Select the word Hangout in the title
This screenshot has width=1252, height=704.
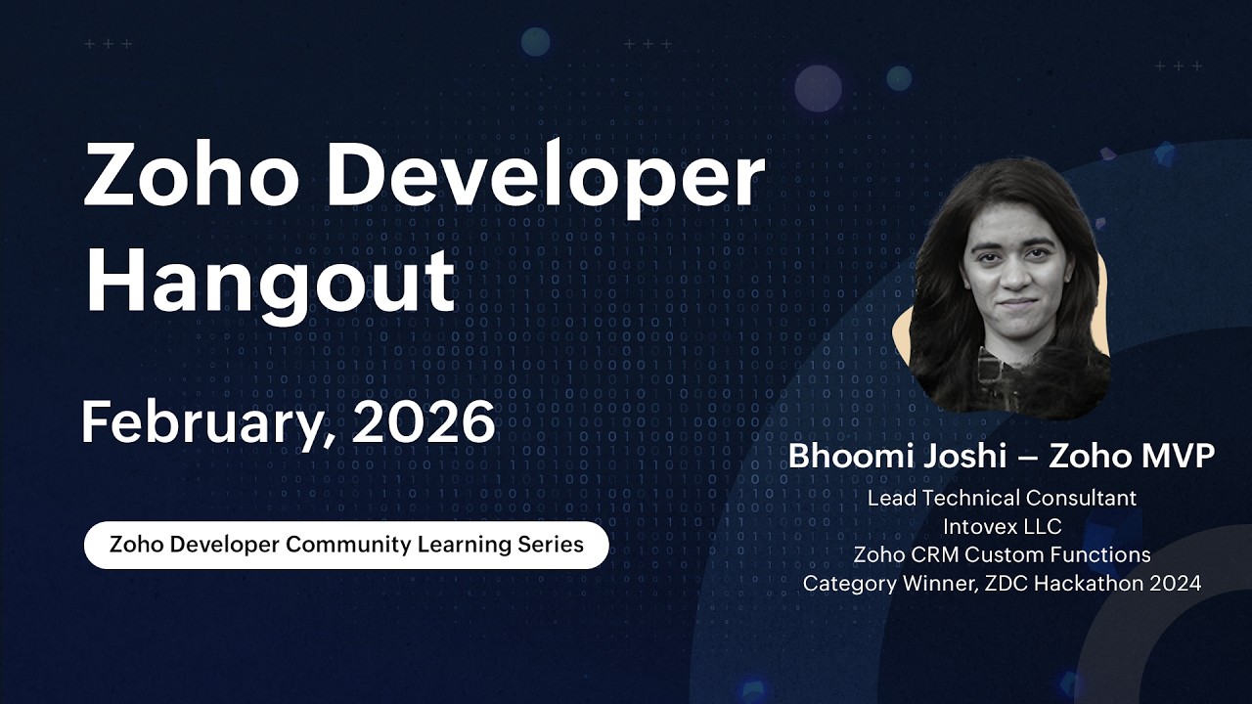pos(270,282)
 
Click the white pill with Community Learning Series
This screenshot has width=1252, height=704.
pos(346,545)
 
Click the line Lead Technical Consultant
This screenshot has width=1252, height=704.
pos(1002,498)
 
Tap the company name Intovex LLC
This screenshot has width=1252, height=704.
pos(1002,526)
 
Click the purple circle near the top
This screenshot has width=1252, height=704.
pos(818,88)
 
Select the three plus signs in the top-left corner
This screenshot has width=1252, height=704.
pos(108,44)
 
